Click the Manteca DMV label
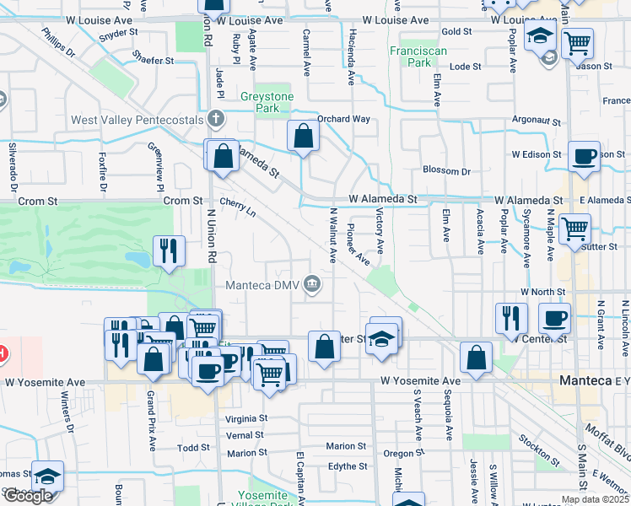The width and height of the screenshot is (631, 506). [x=262, y=284]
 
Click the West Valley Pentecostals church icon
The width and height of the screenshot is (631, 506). [x=216, y=119]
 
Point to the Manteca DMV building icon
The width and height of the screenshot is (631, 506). [x=312, y=283]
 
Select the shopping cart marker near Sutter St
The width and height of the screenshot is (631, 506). [x=574, y=227]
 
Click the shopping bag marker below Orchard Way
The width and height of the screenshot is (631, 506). [x=302, y=136]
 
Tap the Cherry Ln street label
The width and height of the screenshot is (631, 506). [x=237, y=207]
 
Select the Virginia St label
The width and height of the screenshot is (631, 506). [x=246, y=418]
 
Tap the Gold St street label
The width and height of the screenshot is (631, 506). [x=456, y=31]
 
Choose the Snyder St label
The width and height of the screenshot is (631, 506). [x=118, y=34]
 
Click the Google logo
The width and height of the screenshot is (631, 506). [x=28, y=496]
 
